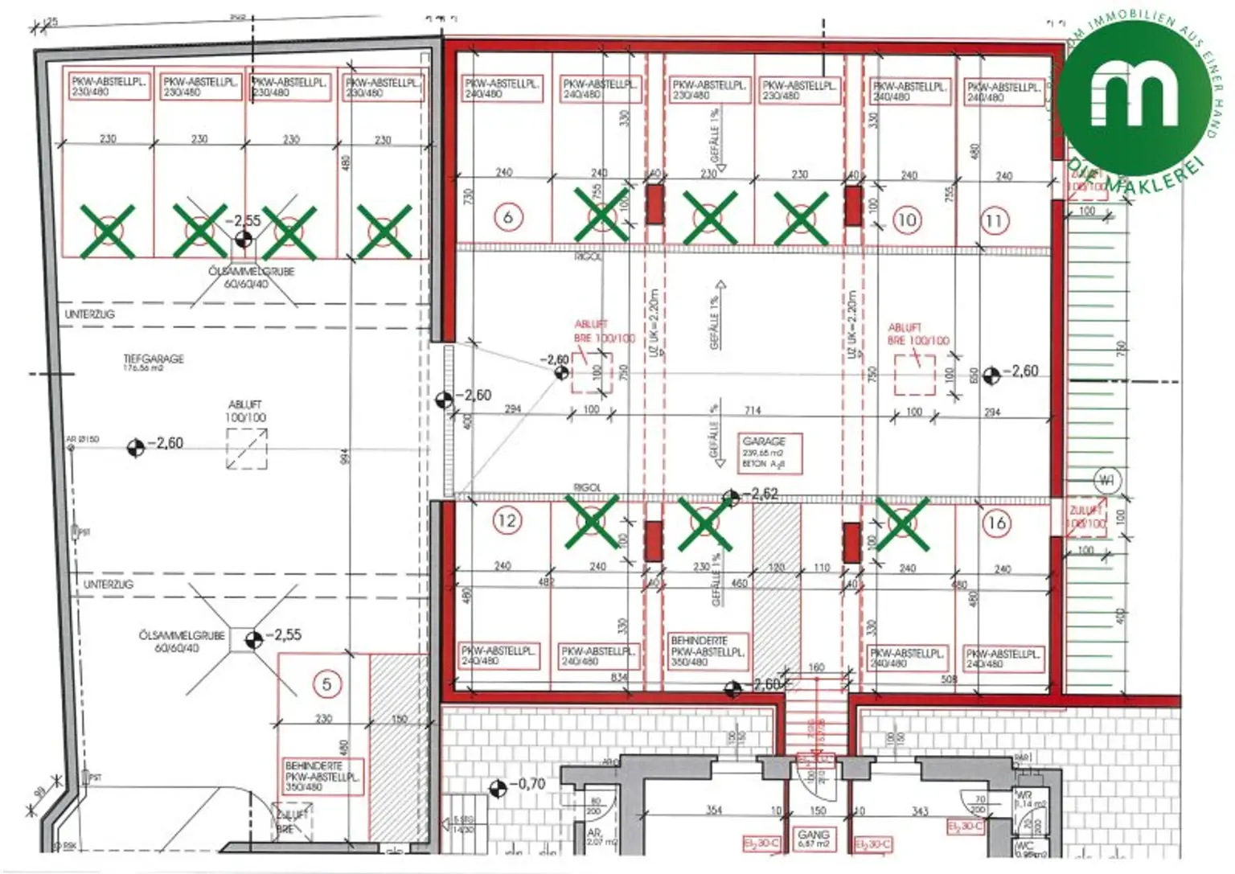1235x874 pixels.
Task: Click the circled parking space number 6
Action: point(507,217)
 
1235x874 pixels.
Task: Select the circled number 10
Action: point(906,220)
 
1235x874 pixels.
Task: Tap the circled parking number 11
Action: point(995,220)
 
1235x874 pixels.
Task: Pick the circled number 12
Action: point(507,520)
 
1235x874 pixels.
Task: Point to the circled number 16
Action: point(997,523)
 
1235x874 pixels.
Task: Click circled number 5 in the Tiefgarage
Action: point(326,684)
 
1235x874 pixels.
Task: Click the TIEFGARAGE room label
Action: point(153,359)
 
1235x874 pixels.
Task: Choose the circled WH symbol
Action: point(1106,481)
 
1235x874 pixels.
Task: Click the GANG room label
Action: point(813,835)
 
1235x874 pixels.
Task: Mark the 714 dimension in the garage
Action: point(753,410)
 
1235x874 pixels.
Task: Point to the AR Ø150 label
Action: point(82,439)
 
